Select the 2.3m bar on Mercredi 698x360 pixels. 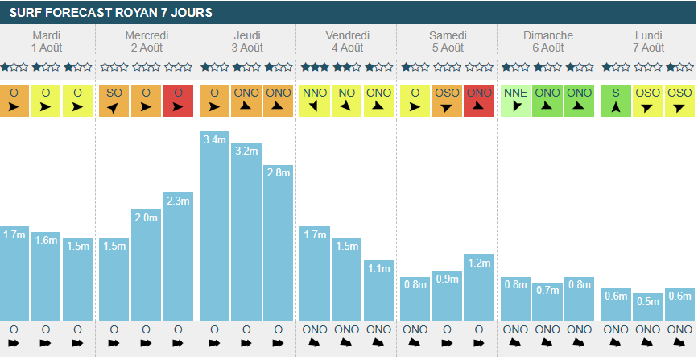(177, 257)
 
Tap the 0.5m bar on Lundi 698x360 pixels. (648, 307)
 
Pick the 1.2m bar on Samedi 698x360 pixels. (478, 288)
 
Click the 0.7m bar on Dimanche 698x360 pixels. (547, 302)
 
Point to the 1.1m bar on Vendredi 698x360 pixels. (378, 291)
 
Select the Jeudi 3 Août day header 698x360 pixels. (246, 42)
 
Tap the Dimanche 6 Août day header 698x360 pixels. (547, 42)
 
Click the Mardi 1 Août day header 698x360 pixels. (46, 42)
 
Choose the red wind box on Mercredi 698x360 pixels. (177, 101)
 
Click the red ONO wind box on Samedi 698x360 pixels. (478, 101)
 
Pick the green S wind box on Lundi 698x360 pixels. (616, 101)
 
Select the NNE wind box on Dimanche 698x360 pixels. (515, 101)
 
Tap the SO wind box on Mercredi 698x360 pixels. (114, 101)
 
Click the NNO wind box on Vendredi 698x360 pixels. (315, 101)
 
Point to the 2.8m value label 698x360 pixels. (278, 172)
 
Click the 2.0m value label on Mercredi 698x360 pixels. (146, 217)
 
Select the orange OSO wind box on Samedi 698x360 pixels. (447, 101)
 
